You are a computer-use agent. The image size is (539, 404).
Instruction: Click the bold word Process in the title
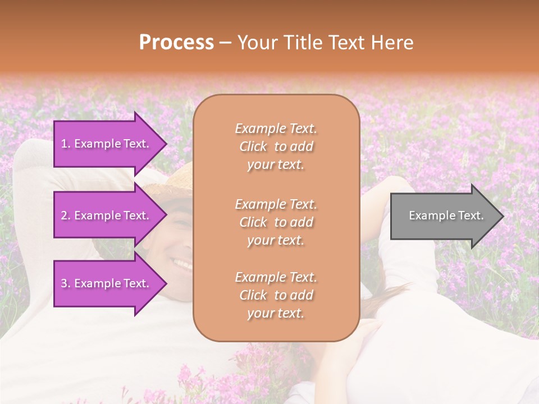click(x=176, y=43)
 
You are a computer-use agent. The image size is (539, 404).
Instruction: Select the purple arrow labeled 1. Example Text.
click(x=107, y=144)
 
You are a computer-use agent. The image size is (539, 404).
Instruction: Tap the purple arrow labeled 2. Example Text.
click(x=107, y=215)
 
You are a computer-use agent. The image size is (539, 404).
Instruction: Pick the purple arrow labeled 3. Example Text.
click(x=107, y=283)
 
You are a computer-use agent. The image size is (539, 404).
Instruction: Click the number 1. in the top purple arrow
click(x=66, y=144)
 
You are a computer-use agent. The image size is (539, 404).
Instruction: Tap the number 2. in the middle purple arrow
click(x=66, y=215)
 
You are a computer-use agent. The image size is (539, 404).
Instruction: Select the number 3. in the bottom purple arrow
click(x=66, y=283)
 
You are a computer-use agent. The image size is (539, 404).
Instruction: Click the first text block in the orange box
click(x=276, y=146)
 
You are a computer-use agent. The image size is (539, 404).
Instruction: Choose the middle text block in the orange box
click(x=276, y=222)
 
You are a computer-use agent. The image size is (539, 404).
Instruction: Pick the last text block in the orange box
click(x=276, y=295)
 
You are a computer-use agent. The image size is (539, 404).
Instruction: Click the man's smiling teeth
click(x=181, y=262)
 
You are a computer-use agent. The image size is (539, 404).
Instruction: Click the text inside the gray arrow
click(x=446, y=215)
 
